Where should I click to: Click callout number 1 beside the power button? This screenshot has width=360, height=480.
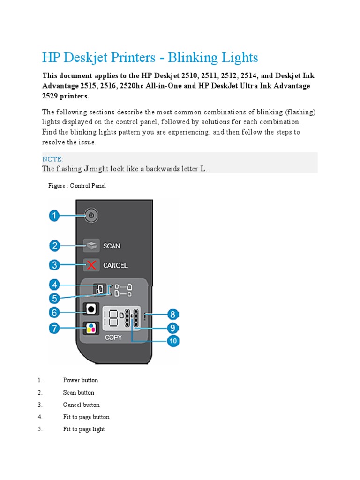pyautogui.click(x=55, y=216)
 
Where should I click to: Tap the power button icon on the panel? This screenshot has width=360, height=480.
pyautogui.click(x=92, y=216)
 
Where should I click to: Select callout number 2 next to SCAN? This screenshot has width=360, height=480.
pyautogui.click(x=55, y=245)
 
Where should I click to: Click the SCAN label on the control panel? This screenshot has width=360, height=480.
pyautogui.click(x=112, y=246)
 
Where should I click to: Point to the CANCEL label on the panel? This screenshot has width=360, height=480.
pyautogui.click(x=115, y=265)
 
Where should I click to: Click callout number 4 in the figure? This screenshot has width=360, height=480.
pyautogui.click(x=55, y=284)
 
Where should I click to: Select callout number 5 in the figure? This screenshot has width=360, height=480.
pyautogui.click(x=55, y=298)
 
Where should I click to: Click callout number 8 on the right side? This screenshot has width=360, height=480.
pyautogui.click(x=173, y=315)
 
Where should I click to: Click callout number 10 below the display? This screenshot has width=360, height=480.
pyautogui.click(x=173, y=341)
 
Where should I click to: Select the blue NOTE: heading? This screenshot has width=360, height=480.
pyautogui.click(x=52, y=159)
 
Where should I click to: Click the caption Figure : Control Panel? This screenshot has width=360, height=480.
pyautogui.click(x=77, y=186)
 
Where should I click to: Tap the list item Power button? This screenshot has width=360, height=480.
pyautogui.click(x=81, y=380)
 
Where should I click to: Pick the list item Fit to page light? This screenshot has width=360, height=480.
pyautogui.click(x=84, y=429)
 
